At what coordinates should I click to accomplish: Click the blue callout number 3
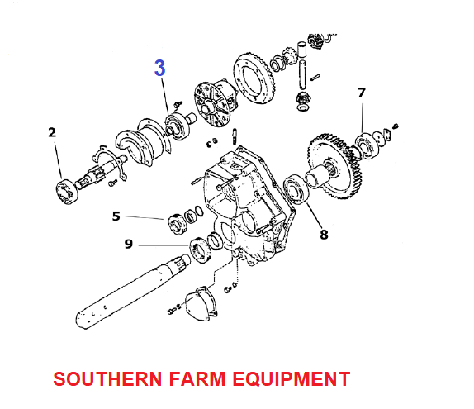160,68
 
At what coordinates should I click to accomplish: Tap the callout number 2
52,132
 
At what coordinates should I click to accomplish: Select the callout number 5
116,216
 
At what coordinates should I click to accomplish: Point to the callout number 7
362,93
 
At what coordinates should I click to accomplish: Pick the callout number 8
324,235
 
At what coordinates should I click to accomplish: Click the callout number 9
129,244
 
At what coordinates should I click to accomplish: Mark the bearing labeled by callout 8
296,189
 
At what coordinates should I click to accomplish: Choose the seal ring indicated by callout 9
200,250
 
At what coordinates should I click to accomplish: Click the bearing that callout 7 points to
366,144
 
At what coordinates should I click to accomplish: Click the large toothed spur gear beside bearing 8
335,166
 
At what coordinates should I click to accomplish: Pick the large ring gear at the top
254,78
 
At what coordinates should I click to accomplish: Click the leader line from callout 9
164,245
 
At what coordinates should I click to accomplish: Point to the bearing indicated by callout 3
178,126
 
